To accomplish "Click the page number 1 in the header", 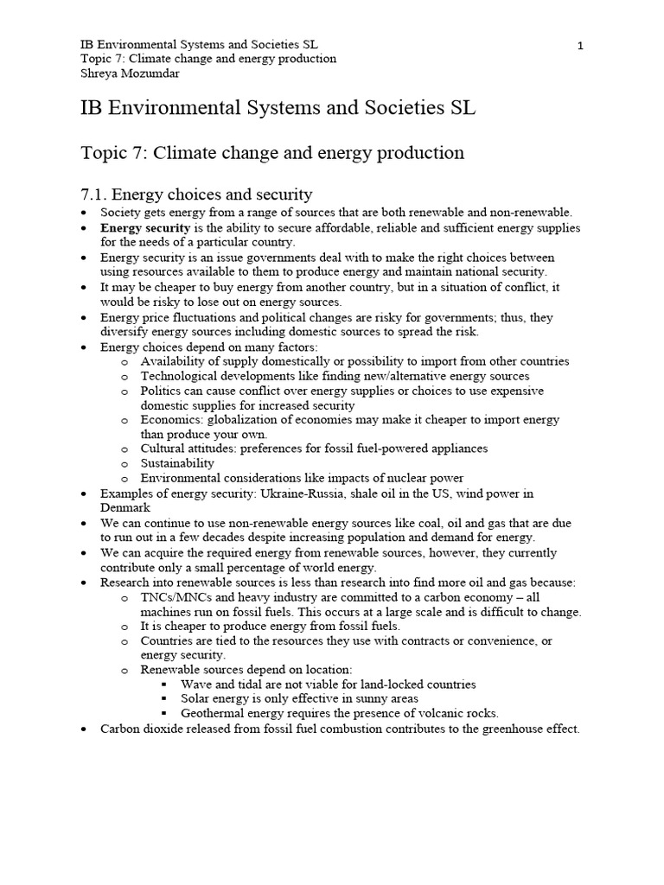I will (x=580, y=46).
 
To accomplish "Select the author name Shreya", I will (x=99, y=74).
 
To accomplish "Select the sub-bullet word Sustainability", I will (x=177, y=463).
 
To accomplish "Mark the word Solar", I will (x=195, y=698).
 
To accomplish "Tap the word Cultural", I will (x=164, y=449).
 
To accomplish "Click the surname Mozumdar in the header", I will (x=155, y=74).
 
